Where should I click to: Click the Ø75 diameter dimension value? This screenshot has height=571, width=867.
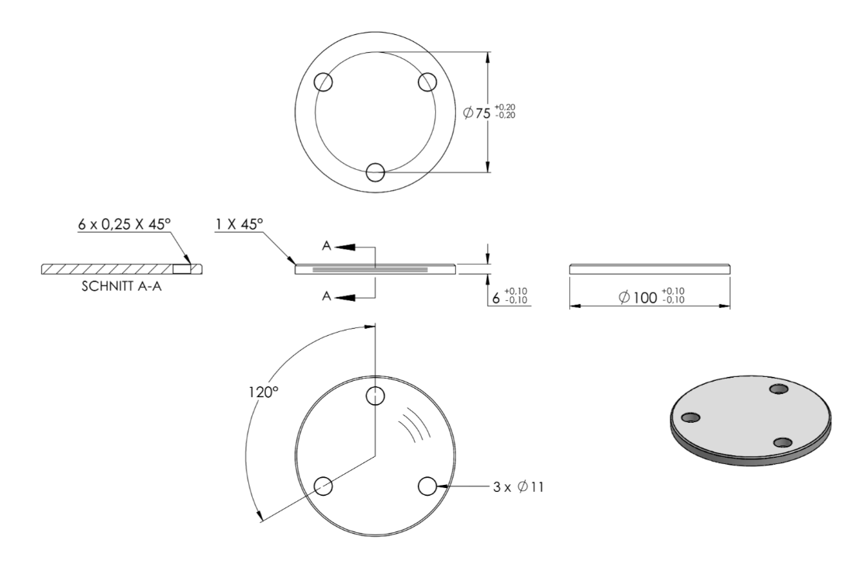[476, 113]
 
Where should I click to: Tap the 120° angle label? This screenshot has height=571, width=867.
[263, 393]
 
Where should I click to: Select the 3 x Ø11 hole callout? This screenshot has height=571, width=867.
[519, 487]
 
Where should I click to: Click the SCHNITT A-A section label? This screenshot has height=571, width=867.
[122, 287]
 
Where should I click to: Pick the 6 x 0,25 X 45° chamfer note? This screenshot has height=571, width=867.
[124, 224]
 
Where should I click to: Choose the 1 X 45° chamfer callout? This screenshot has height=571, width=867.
[239, 224]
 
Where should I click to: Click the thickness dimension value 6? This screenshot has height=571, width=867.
[496, 299]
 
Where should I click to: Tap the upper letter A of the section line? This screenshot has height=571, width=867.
[326, 246]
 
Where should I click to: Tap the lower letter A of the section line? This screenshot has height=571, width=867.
[326, 296]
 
